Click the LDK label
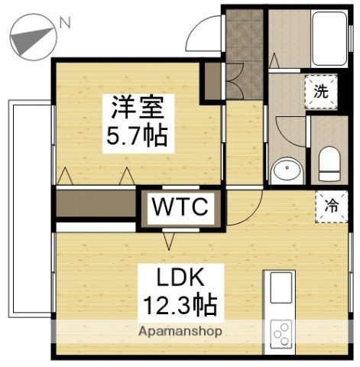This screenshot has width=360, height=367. click(x=180, y=277)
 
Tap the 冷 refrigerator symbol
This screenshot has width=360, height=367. click(x=330, y=205)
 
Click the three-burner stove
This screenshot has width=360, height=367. click(x=282, y=333)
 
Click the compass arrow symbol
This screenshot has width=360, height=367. click(x=34, y=37)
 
